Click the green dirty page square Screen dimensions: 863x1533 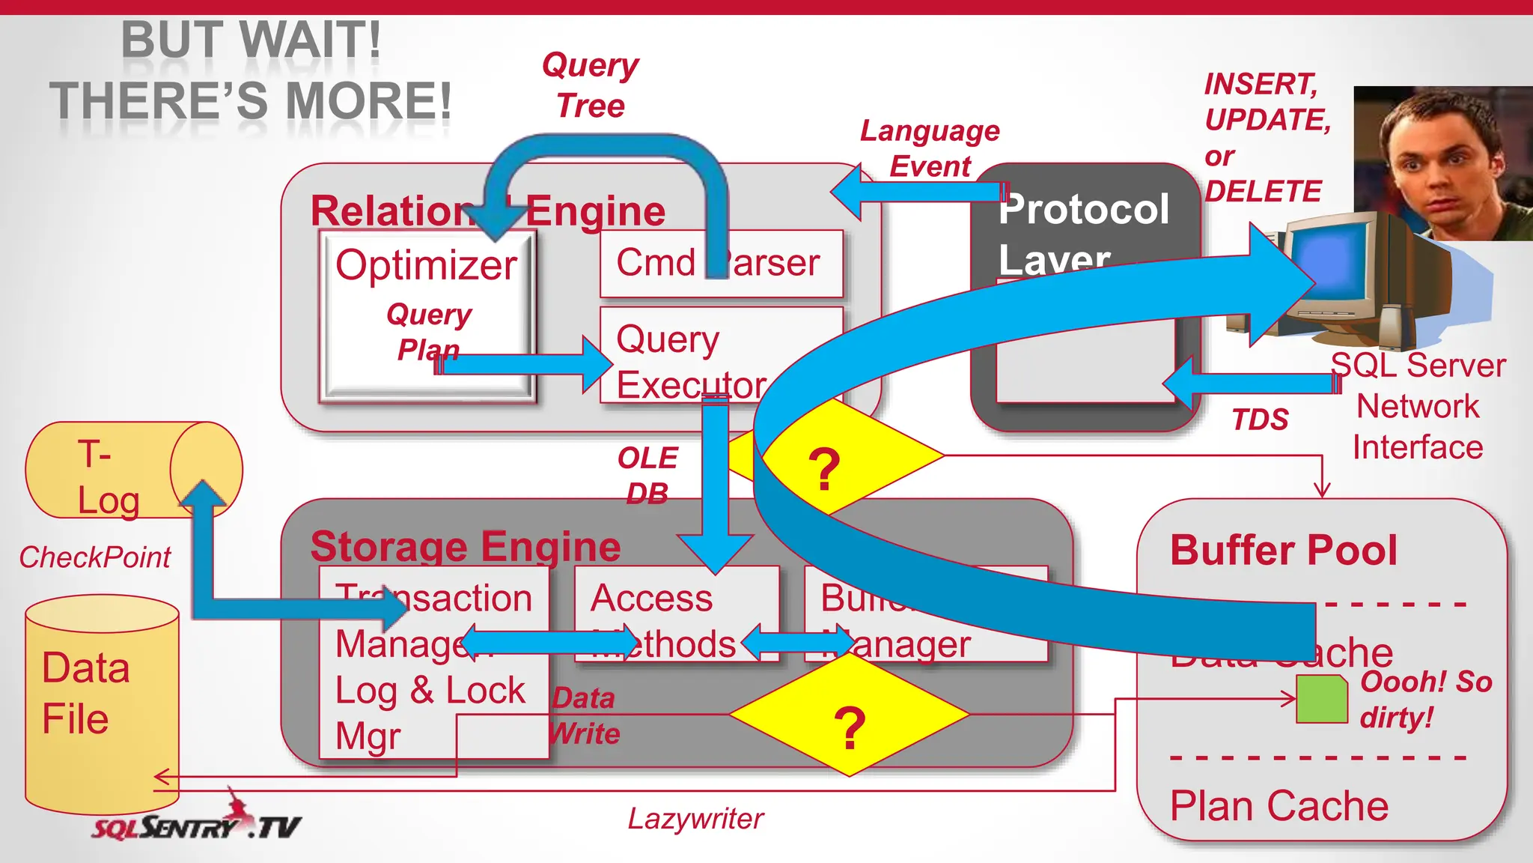(1321, 699)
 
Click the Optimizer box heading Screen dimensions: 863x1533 (426, 265)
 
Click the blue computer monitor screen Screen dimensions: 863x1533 (1332, 262)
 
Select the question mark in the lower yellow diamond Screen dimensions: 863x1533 (849, 727)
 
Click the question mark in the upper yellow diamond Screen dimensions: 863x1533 (824, 470)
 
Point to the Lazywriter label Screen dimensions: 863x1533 (695, 819)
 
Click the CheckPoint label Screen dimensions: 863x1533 (95, 557)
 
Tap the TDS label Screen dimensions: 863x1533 (1260, 420)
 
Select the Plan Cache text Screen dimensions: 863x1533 (1278, 806)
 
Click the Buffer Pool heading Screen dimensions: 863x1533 (1283, 550)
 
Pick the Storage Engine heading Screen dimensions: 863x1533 (465, 546)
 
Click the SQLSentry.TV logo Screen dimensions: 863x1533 (196, 824)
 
